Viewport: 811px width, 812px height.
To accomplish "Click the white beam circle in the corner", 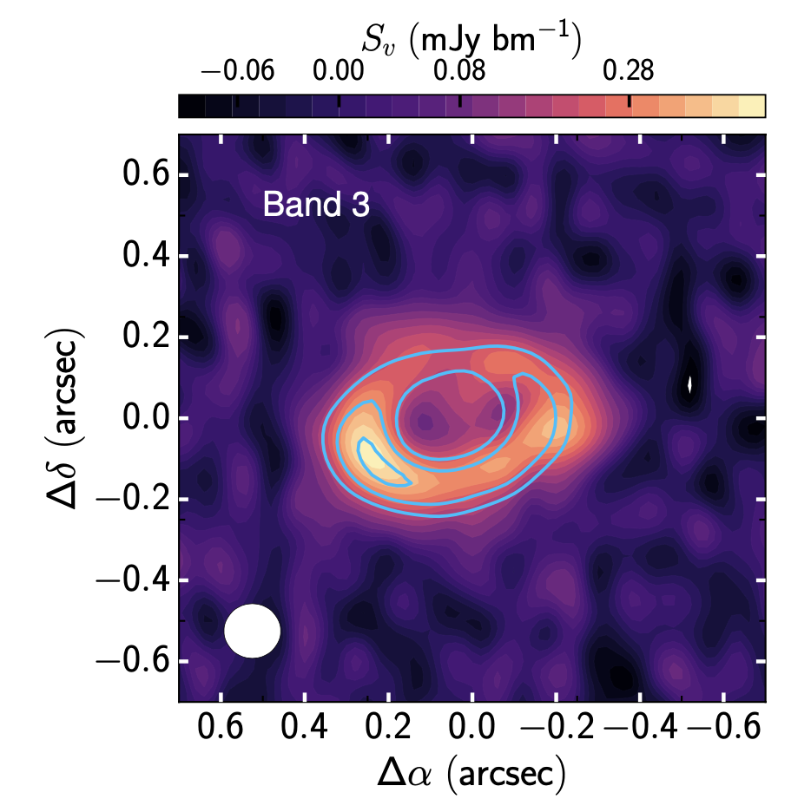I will click(x=253, y=631).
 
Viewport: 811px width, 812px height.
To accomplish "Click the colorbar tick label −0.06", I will click(x=236, y=70).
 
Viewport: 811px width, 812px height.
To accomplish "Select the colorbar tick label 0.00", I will click(x=339, y=70).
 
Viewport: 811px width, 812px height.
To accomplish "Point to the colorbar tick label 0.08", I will click(x=459, y=70).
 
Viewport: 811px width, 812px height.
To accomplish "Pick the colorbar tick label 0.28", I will click(x=630, y=70).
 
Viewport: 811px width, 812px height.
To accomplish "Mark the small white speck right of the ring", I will click(x=690, y=383).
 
